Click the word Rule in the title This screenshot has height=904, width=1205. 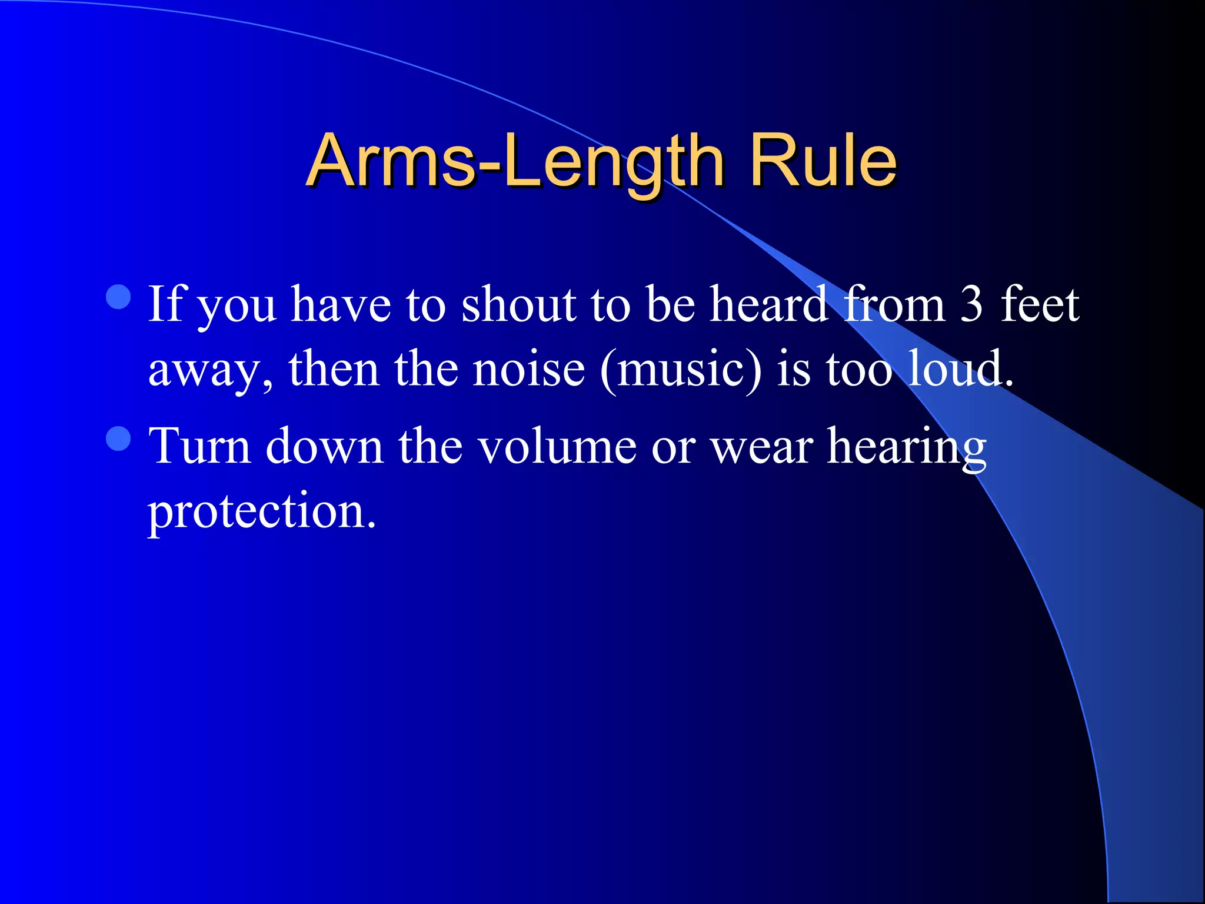(822, 161)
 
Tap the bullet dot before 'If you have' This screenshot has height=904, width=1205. (119, 297)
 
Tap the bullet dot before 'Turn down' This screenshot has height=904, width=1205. (119, 438)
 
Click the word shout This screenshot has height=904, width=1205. (518, 304)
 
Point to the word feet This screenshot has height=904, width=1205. (1040, 304)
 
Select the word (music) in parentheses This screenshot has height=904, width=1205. (681, 370)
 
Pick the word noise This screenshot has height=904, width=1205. (529, 370)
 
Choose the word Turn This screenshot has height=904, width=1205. (199, 446)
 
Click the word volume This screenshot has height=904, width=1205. (557, 446)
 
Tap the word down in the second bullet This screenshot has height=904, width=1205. (324, 446)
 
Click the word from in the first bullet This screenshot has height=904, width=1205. (894, 304)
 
